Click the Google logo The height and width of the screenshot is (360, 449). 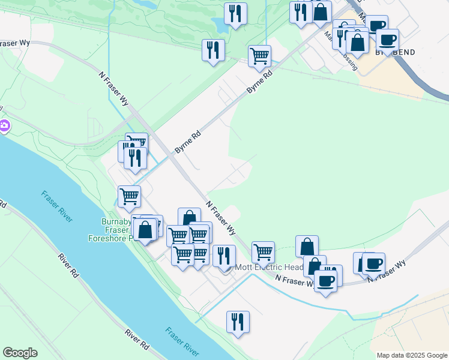click(20, 353)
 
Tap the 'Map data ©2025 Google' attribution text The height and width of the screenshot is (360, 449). click(412, 355)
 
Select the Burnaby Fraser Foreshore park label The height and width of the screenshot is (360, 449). click(115, 230)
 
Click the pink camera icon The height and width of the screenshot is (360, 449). click(4, 126)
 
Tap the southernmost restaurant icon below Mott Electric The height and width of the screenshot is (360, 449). click(238, 321)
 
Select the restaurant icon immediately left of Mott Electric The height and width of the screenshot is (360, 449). click(224, 255)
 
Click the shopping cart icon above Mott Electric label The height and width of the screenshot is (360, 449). click(263, 251)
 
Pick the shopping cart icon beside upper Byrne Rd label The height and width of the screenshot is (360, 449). click(259, 56)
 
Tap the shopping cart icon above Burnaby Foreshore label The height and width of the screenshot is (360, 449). click(129, 196)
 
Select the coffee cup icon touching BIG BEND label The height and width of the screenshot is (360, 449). click(387, 39)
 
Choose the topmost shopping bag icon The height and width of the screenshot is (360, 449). click(321, 11)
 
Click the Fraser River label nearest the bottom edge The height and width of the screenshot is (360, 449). click(182, 342)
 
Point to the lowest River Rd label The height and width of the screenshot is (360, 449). click(137, 339)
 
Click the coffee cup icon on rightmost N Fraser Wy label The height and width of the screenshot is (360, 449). click(373, 263)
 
